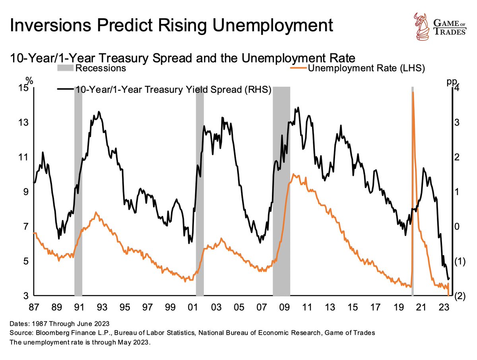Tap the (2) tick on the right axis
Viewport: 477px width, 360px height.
coord(460,296)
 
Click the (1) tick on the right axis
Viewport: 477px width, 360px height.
coord(460,261)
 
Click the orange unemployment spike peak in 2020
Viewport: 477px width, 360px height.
coord(413,92)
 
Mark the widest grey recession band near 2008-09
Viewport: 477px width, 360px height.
coord(281,191)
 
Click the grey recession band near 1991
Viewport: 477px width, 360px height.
coord(78,191)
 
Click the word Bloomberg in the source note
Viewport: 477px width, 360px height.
coord(46,331)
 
